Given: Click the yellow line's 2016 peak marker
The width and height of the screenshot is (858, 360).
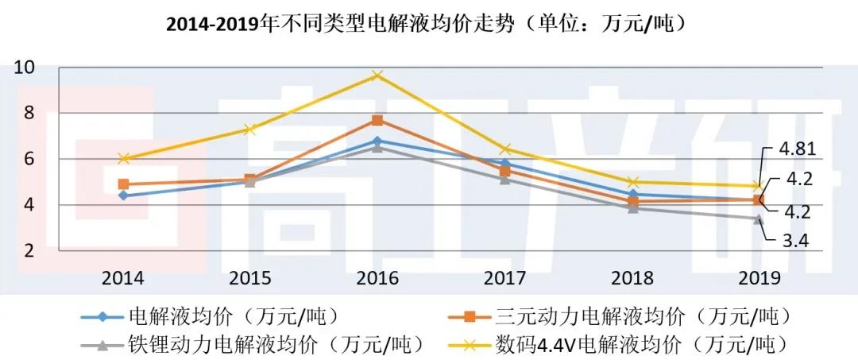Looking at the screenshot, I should click(x=377, y=75).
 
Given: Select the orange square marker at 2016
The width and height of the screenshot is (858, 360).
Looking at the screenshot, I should click(x=377, y=120).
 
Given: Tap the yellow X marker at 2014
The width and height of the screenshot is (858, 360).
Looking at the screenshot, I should click(x=123, y=159).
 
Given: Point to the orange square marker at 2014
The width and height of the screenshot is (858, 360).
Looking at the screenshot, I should click(x=123, y=184).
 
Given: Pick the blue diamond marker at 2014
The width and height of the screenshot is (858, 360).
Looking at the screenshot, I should click(x=123, y=195).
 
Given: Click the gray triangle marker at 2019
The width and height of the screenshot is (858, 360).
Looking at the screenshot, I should click(x=759, y=218).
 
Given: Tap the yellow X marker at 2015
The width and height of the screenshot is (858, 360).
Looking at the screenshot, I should click(x=250, y=130).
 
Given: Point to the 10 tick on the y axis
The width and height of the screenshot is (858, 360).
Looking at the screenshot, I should click(x=25, y=68).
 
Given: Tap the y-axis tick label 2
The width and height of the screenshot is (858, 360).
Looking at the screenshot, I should click(x=29, y=250).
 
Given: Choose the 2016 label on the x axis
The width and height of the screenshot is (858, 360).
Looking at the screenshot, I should click(x=377, y=277).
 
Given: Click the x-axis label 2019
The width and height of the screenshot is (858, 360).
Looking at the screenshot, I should click(x=759, y=277).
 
